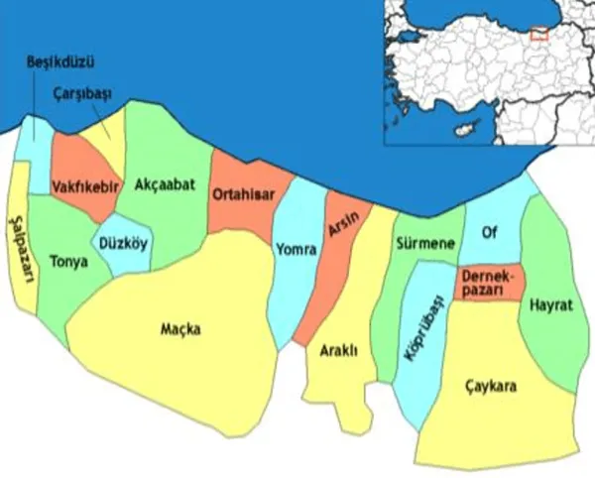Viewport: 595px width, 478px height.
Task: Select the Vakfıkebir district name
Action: pyautogui.click(x=85, y=185)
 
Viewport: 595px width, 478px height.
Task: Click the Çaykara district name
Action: pyautogui.click(x=490, y=387)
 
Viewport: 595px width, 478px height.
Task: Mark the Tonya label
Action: pyautogui.click(x=67, y=262)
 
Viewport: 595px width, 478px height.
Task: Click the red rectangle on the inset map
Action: pyautogui.click(x=538, y=34)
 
